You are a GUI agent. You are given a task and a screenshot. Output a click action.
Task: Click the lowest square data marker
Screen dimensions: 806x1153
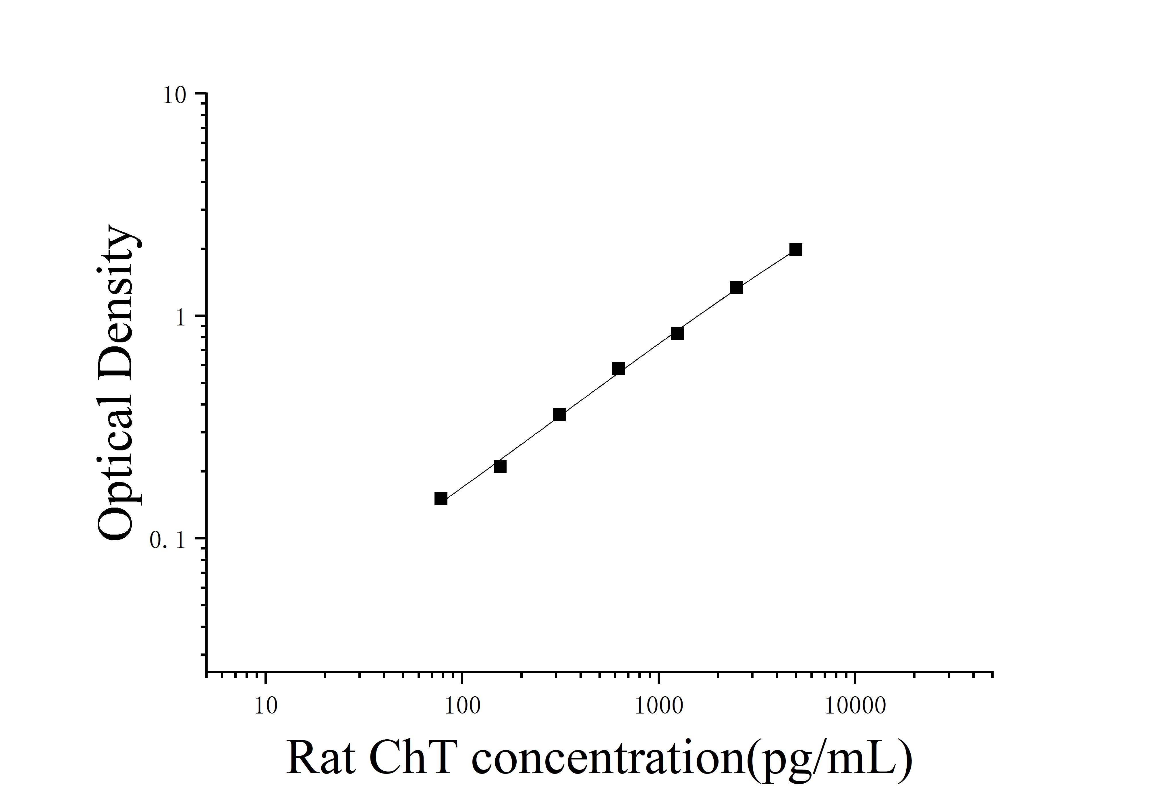(x=441, y=499)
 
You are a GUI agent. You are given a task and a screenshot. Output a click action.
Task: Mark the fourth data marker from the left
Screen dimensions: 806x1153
(x=619, y=369)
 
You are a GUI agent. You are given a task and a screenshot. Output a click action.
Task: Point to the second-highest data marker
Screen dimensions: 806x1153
(x=737, y=287)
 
